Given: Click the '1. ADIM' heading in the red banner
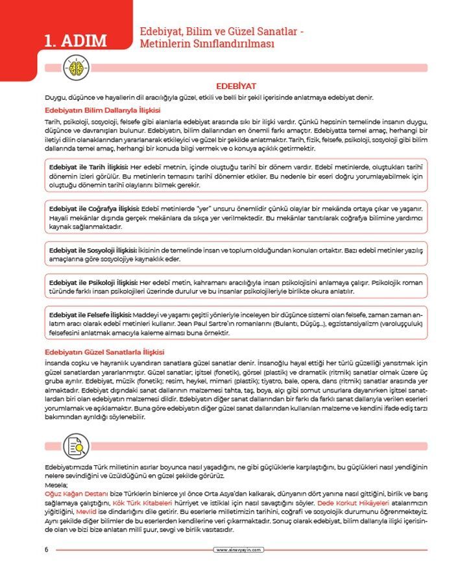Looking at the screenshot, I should tap(75, 41).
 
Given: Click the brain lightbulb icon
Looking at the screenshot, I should tap(74, 67).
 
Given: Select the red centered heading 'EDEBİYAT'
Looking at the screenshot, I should tap(236, 86).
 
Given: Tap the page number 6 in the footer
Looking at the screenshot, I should tap(47, 550).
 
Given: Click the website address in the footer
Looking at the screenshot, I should tap(239, 550).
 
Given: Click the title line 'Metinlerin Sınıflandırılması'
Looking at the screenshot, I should tap(207, 44).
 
